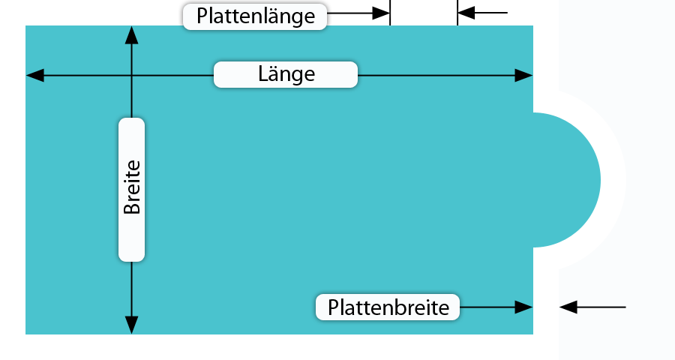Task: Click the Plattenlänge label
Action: [255, 16]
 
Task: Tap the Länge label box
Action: [286, 74]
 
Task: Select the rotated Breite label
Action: [132, 190]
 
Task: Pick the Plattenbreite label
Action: [388, 307]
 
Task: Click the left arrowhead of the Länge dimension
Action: [35, 75]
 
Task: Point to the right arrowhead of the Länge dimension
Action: [524, 75]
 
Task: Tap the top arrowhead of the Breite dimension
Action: [132, 35]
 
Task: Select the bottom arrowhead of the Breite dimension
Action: [132, 325]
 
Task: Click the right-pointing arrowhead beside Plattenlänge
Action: [381, 13]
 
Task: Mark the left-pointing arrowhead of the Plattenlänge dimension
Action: [466, 13]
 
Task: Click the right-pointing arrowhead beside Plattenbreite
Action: [524, 307]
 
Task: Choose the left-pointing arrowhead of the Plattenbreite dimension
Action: [568, 307]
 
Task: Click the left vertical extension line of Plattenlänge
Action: [390, 13]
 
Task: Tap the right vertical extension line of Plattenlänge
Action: [457, 13]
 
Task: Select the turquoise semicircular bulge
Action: [567, 180]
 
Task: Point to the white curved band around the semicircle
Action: [613, 180]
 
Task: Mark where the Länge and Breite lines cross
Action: [132, 75]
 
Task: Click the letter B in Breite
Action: [132, 206]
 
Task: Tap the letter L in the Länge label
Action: [263, 73]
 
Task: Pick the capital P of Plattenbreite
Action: [333, 307]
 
